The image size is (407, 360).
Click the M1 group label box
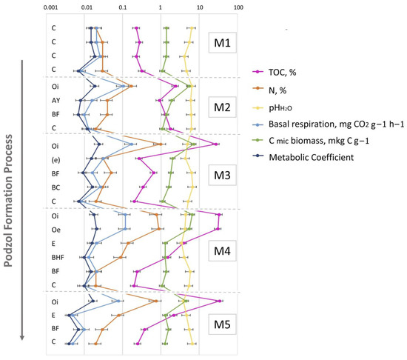(x=222, y=43)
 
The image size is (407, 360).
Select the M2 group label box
(x=222, y=105)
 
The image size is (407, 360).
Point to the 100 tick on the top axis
(x=238, y=7)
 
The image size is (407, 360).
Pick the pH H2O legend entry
(x=297, y=105)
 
